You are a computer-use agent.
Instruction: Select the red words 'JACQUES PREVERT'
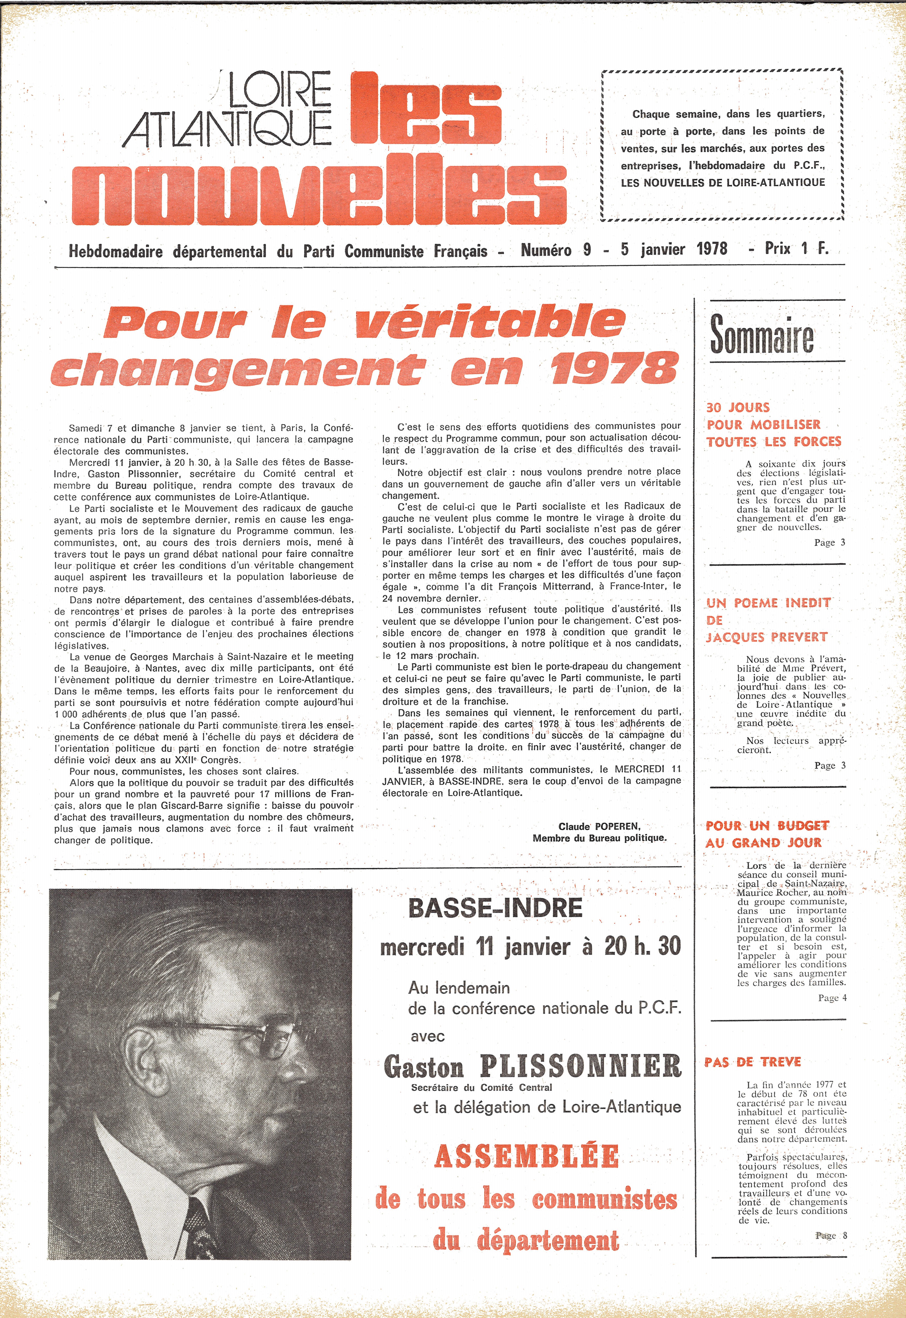point(766,637)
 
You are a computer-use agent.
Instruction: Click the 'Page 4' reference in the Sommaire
point(832,998)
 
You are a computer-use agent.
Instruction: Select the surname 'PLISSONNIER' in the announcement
point(580,1066)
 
